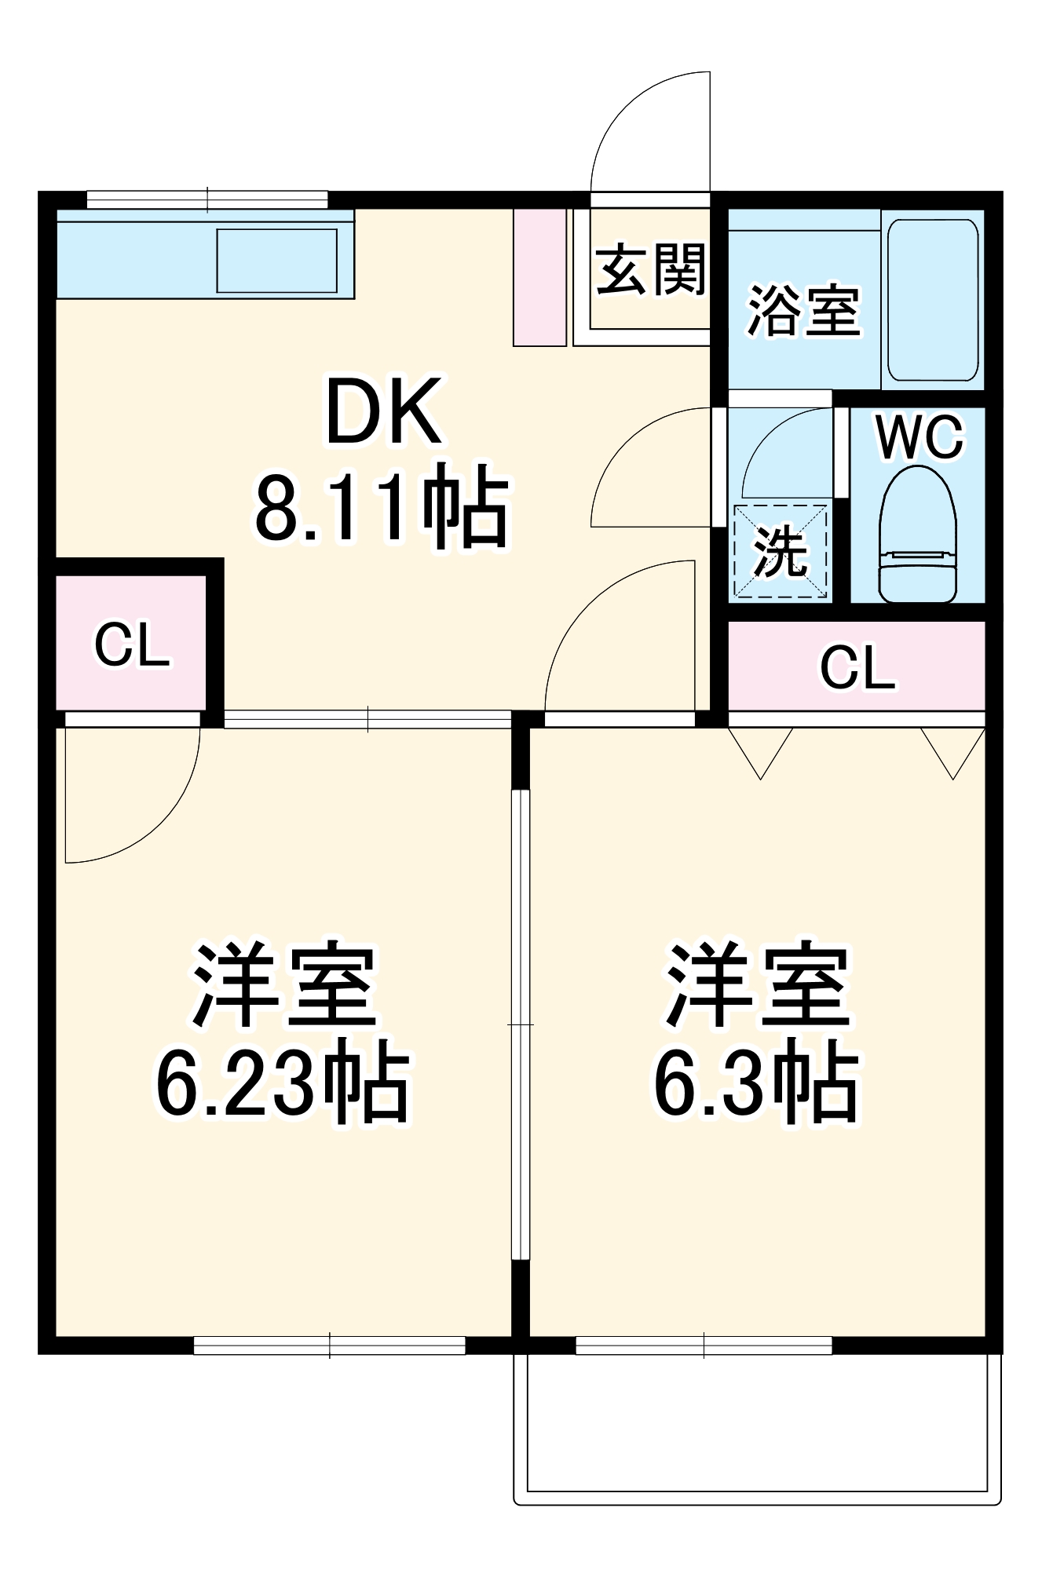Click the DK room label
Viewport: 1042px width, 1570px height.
tap(383, 411)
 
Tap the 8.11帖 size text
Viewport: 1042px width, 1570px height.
tap(382, 507)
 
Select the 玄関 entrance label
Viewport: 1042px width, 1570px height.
tap(650, 269)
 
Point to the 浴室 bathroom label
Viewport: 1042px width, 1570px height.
tap(803, 311)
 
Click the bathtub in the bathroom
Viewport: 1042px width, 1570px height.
tap(932, 299)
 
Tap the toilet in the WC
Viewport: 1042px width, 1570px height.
tap(918, 537)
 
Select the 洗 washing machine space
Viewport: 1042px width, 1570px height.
tap(780, 551)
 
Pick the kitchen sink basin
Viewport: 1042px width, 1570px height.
tap(276, 261)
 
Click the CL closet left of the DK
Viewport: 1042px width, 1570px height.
tap(132, 644)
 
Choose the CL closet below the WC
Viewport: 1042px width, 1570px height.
tap(857, 668)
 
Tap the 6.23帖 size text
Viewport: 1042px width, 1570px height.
tap(283, 1080)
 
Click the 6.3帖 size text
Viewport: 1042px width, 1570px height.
tap(757, 1080)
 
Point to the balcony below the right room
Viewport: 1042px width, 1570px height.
tap(757, 1422)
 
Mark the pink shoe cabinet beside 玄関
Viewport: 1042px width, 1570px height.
tap(539, 277)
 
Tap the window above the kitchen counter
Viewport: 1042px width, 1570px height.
tap(207, 199)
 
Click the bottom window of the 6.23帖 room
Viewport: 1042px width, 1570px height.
tap(330, 1346)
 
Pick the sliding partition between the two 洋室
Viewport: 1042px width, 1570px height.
tap(520, 1024)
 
